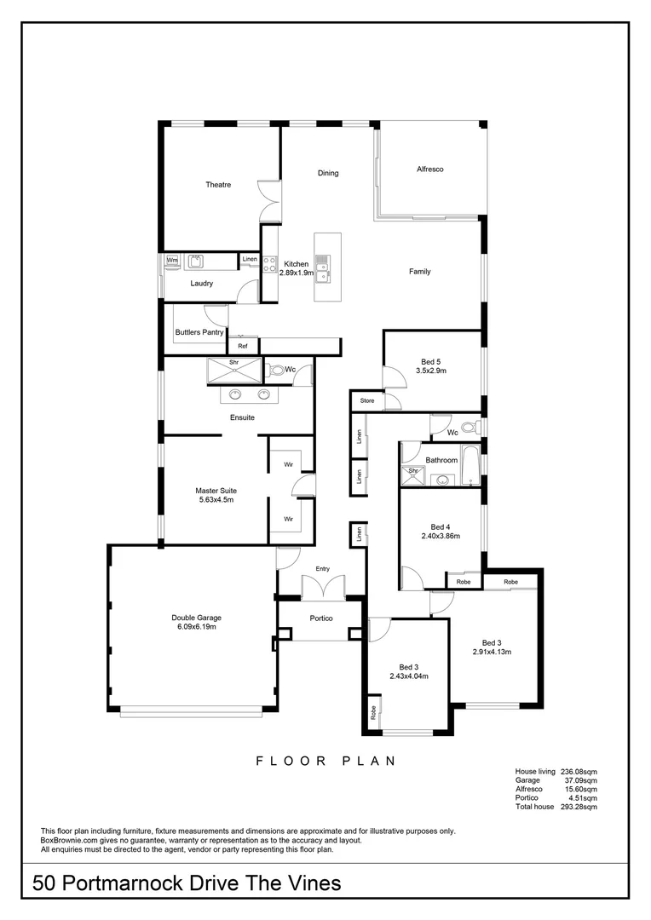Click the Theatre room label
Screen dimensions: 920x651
coord(218,185)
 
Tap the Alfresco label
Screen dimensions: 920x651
coord(429,170)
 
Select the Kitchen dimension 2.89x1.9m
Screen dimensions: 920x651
coord(297,273)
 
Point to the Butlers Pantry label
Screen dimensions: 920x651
coord(199,332)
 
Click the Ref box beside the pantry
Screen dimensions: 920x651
coord(243,346)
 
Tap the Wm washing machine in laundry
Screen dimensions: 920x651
coord(172,260)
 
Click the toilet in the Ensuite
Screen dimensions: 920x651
coord(276,371)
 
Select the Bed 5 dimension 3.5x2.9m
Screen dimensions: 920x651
coord(431,371)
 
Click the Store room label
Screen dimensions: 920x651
coord(367,400)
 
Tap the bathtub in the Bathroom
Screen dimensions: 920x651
coord(470,471)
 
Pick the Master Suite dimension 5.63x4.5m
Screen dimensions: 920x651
coord(216,500)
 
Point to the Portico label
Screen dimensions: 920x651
coord(320,618)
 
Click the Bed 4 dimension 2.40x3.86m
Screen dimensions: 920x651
coord(440,537)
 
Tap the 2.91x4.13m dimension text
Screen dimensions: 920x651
coord(492,653)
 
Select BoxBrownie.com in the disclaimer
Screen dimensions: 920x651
coord(72,840)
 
